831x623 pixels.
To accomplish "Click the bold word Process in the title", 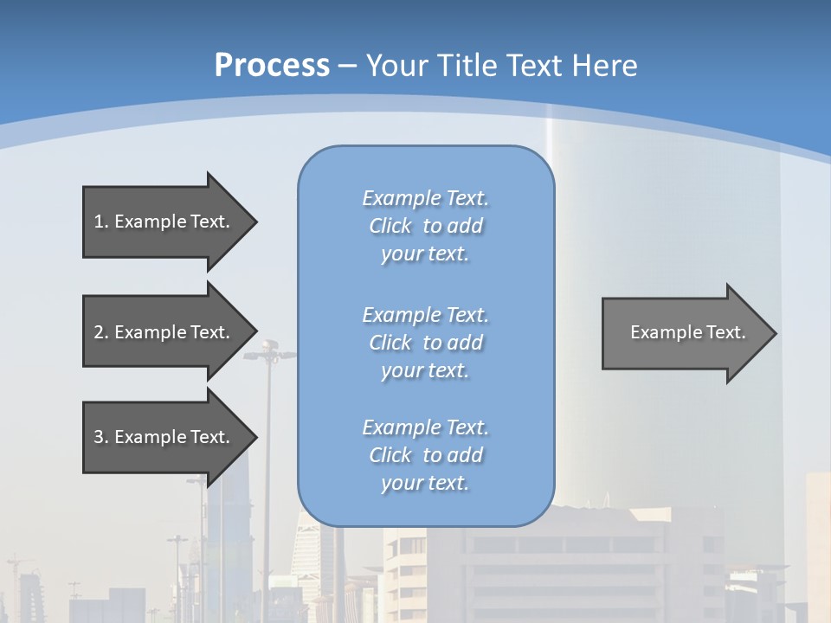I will pyautogui.click(x=272, y=66).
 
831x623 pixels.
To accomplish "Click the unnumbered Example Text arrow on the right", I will pyautogui.click(x=684, y=332).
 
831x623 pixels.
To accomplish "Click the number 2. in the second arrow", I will pyautogui.click(x=101, y=332).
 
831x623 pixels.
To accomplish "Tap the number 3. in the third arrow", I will pyautogui.click(x=101, y=437).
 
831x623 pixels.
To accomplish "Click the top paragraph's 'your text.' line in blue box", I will pyautogui.click(x=425, y=254).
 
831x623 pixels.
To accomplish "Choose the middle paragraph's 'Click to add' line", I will pyautogui.click(x=425, y=343).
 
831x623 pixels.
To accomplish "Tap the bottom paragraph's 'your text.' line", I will pyautogui.click(x=425, y=483).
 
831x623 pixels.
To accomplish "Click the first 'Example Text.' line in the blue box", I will pyautogui.click(x=425, y=198).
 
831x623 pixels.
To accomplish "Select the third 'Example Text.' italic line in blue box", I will pyautogui.click(x=425, y=427).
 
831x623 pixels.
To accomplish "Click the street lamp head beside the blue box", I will pyautogui.click(x=268, y=350).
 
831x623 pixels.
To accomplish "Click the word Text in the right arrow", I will pyautogui.click(x=726, y=332).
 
